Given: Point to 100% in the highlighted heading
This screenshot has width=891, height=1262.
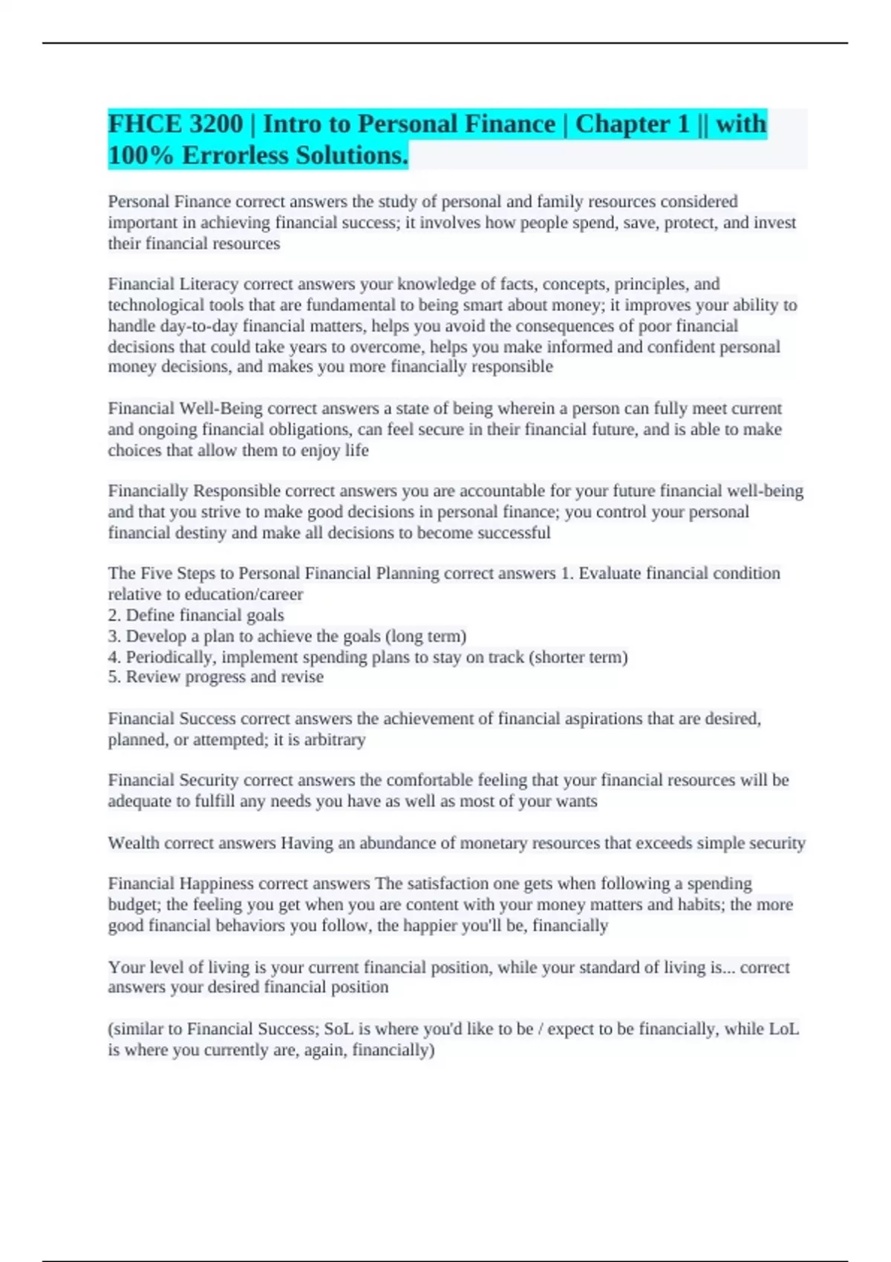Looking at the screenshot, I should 142,155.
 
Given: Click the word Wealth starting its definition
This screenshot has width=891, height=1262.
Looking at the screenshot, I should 134,843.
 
